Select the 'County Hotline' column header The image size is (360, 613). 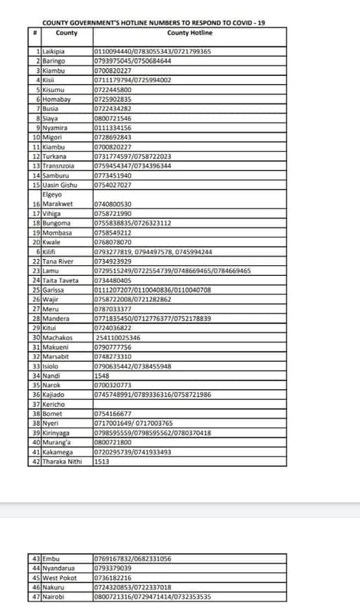pos(189,34)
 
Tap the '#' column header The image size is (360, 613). pos(35,34)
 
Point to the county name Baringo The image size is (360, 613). pos(54,61)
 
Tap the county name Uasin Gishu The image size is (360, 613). pos(60,185)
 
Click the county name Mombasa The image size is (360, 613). pos(57,232)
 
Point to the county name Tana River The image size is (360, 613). pos(59,261)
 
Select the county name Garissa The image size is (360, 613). pos(54,290)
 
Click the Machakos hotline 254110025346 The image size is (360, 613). pos(118,337)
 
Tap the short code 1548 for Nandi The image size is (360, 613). pos(101,375)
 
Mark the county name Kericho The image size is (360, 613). pos(54,404)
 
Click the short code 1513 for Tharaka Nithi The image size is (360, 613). pos(101,461)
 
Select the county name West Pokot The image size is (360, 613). pos(59,577)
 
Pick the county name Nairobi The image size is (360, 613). pos(54,596)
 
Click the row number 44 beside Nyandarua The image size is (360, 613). pos(36,568)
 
